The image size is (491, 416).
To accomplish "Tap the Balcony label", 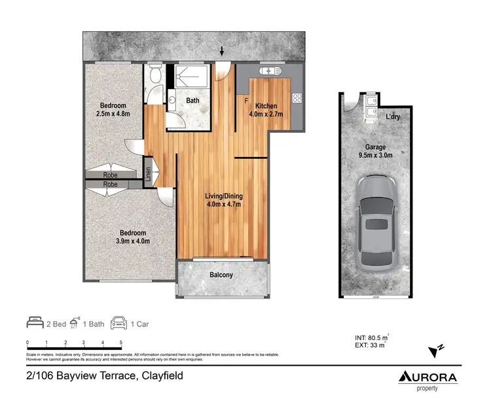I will coord(221,275).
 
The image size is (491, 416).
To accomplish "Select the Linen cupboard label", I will coord(149,173).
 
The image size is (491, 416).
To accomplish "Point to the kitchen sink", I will coord(269,71).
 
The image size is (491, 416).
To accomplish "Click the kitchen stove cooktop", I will coord(297,98).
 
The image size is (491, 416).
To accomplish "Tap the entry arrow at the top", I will coord(223,50).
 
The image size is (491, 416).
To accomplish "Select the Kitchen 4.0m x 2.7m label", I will coord(266,110).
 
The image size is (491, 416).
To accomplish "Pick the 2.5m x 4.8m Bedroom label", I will coord(113,110).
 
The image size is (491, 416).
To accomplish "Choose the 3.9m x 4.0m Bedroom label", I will coord(132,237).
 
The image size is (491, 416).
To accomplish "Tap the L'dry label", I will coord(393,116).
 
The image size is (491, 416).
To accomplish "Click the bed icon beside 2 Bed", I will coord(35,322).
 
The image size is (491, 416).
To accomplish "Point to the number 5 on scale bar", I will coord(121,343).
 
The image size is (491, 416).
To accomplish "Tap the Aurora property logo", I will coord(428,379).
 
